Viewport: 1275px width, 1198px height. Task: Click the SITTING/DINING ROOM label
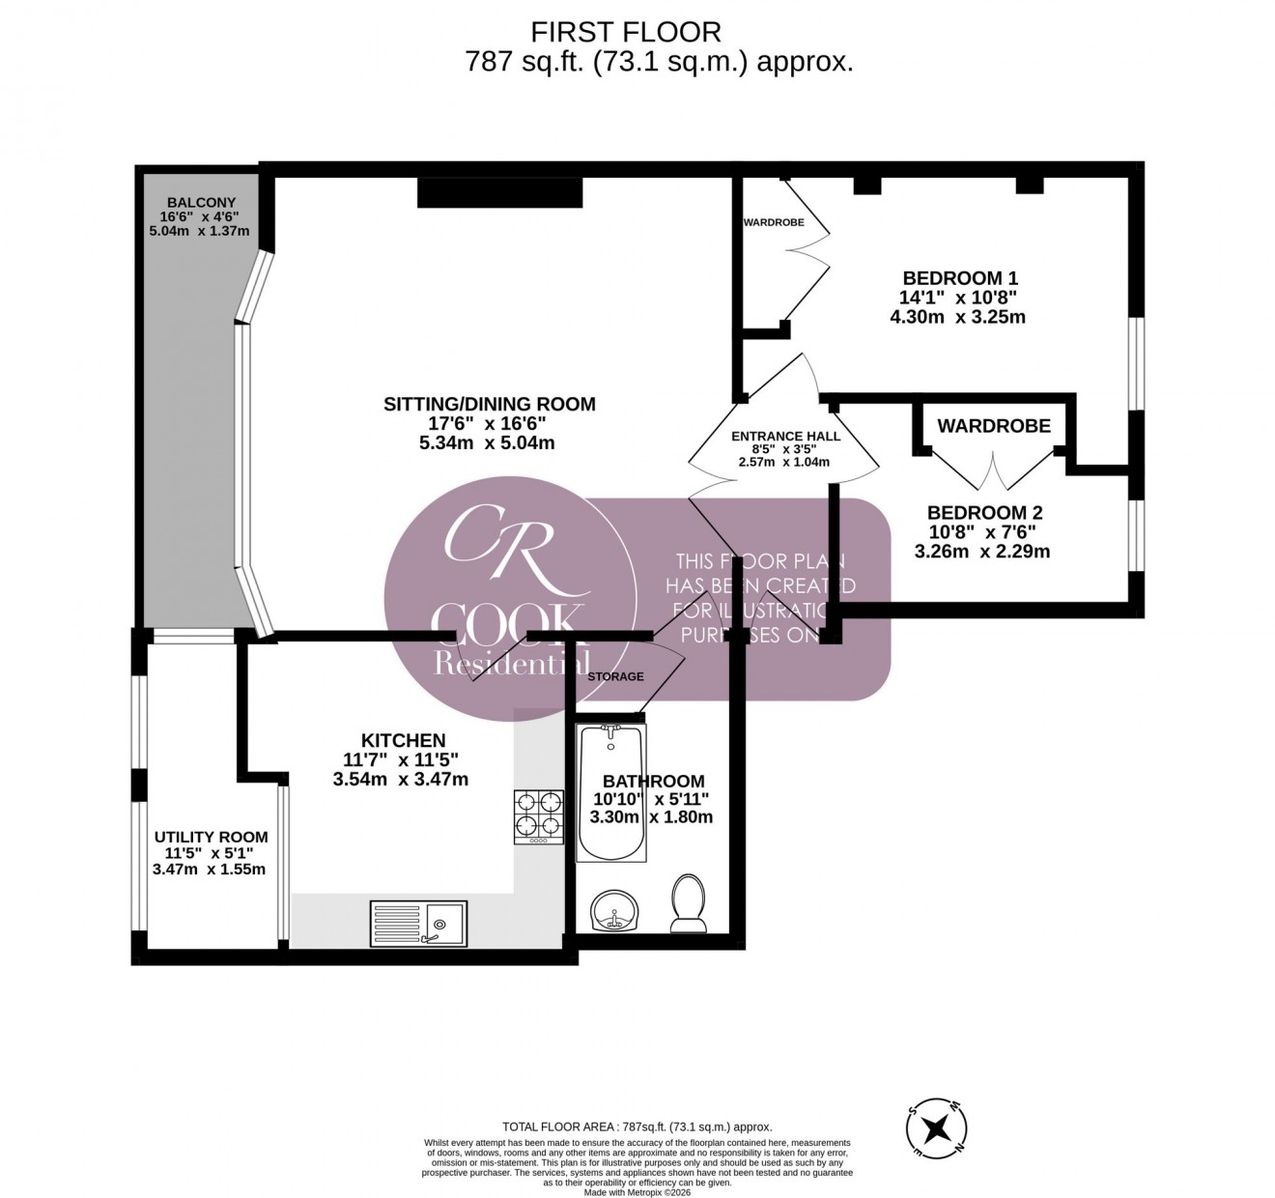(490, 404)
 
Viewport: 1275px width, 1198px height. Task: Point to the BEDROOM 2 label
(984, 513)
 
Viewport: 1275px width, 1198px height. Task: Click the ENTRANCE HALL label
(785, 436)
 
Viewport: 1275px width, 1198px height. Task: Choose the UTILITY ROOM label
(211, 837)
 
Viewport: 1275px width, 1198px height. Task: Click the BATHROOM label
(653, 781)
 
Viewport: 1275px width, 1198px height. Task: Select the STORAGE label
(615, 676)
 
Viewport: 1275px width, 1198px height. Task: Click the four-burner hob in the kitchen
(539, 816)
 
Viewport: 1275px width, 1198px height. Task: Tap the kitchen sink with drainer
(418, 920)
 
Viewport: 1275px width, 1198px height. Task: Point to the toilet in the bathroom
(688, 905)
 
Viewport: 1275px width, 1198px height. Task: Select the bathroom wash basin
(612, 911)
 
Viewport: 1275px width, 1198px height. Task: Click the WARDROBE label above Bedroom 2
(994, 425)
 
